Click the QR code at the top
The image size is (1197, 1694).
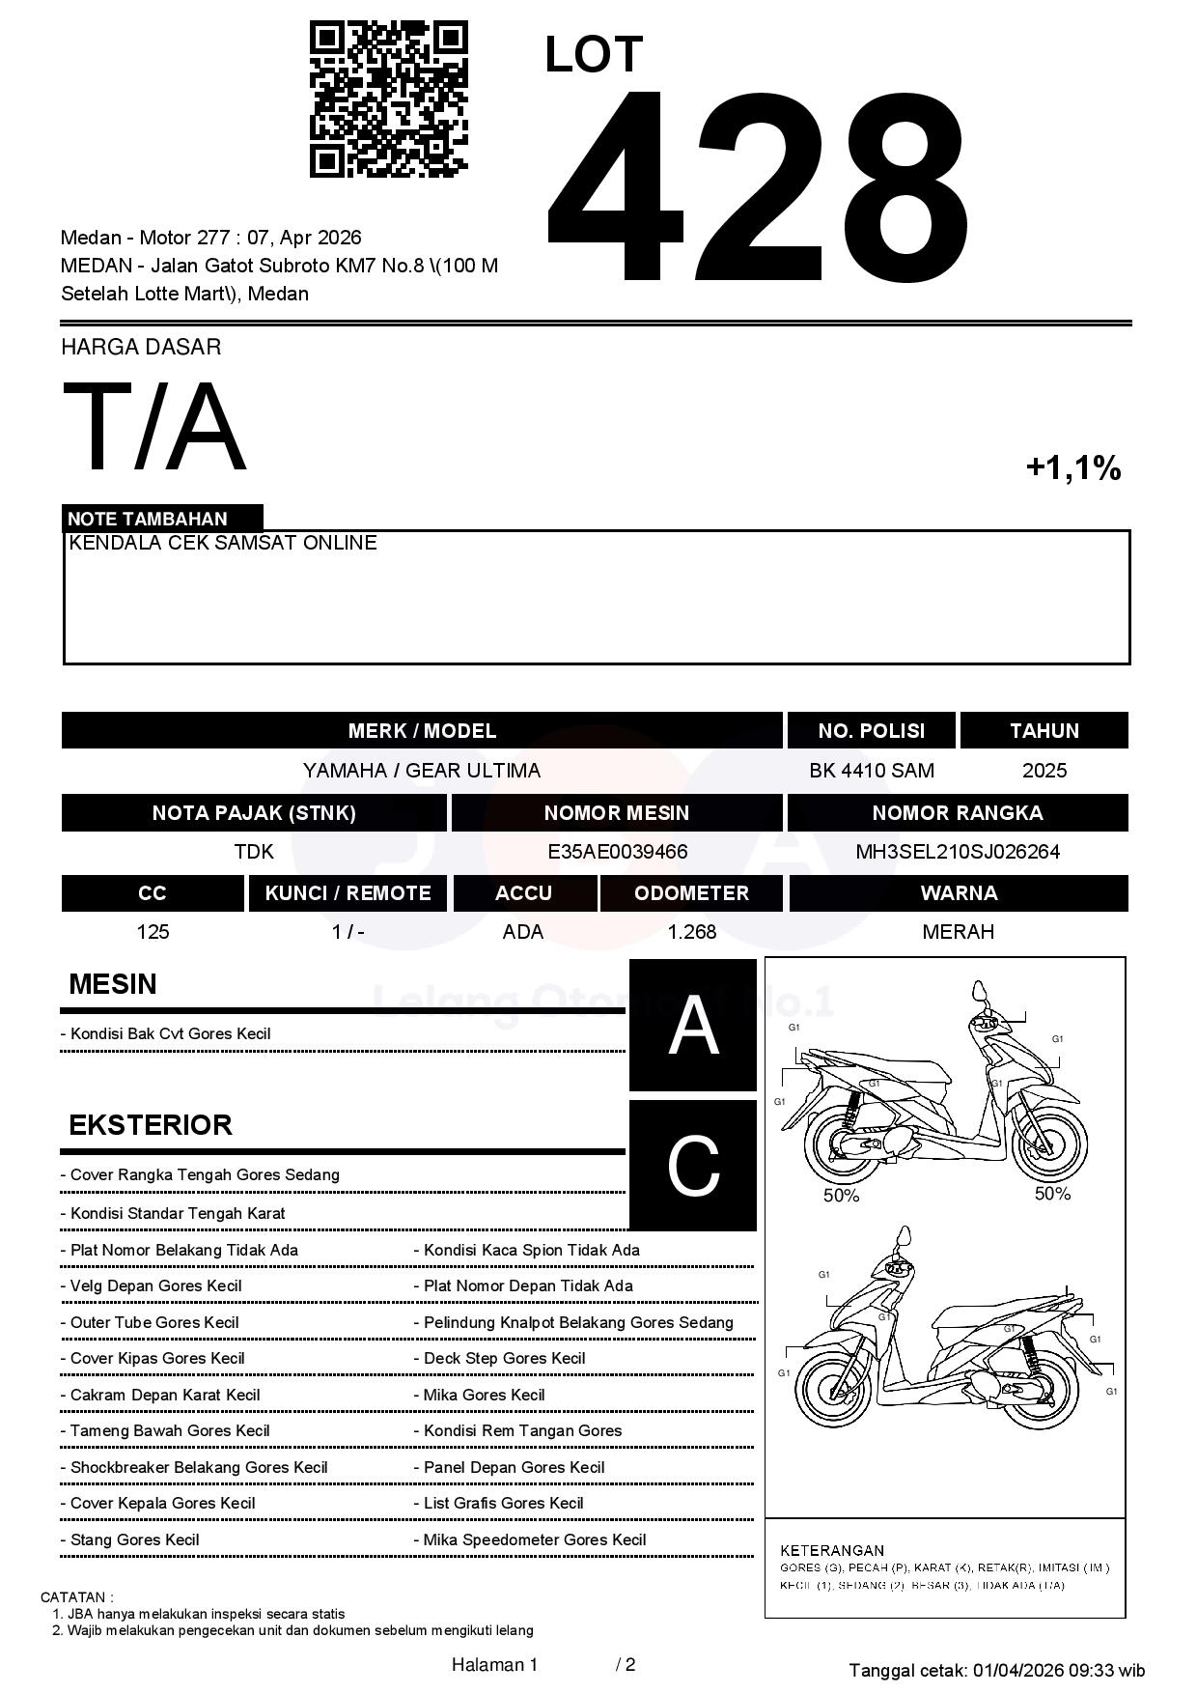click(388, 99)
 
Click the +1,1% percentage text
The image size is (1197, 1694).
click(1072, 468)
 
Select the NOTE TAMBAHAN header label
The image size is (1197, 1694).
click(148, 519)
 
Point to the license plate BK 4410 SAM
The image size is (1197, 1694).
click(872, 771)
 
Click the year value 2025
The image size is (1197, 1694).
click(1044, 771)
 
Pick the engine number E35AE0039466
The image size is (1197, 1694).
click(617, 852)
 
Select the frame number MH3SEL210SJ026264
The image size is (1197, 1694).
click(958, 852)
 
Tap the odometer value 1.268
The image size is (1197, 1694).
click(691, 932)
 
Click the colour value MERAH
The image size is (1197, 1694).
click(958, 932)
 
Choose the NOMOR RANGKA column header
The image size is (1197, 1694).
click(958, 813)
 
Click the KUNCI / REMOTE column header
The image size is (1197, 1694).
click(348, 893)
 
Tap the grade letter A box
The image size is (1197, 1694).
click(693, 1026)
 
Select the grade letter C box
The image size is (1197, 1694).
click(693, 1166)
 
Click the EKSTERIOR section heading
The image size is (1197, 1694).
click(151, 1125)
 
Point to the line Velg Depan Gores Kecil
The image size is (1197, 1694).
click(155, 1286)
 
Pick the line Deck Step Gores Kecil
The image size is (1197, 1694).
click(504, 1359)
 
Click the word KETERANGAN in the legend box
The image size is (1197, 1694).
click(832, 1550)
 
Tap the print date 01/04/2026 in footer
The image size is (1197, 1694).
click(1018, 1671)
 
